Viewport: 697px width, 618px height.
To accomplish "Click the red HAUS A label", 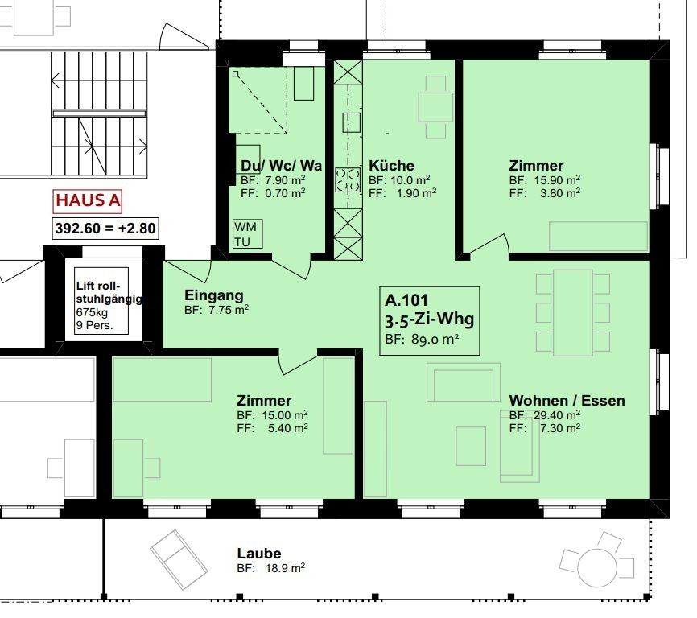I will click(x=88, y=200).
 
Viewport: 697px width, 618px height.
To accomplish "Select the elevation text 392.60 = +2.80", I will click(x=105, y=228).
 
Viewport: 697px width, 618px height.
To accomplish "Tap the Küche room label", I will click(x=391, y=166).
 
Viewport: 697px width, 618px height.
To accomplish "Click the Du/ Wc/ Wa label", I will click(x=281, y=166).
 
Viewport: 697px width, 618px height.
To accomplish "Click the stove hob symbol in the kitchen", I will click(x=348, y=179).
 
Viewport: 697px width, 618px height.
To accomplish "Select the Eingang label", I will click(x=213, y=295).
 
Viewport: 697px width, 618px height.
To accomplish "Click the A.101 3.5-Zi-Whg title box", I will click(x=430, y=320).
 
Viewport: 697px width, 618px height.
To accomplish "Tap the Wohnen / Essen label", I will click(x=566, y=400).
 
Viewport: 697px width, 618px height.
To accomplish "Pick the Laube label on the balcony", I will click(x=259, y=554).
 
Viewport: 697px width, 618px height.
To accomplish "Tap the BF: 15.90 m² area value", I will click(x=544, y=179).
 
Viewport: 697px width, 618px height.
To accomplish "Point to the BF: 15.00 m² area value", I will click(x=272, y=415).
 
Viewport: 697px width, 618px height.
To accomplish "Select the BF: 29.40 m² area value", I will click(x=544, y=414).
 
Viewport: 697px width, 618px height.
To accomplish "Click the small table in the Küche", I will click(x=435, y=108).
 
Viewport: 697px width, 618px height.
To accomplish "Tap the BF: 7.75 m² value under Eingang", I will click(x=216, y=309).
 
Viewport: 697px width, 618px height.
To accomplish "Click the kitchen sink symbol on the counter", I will click(x=350, y=122).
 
